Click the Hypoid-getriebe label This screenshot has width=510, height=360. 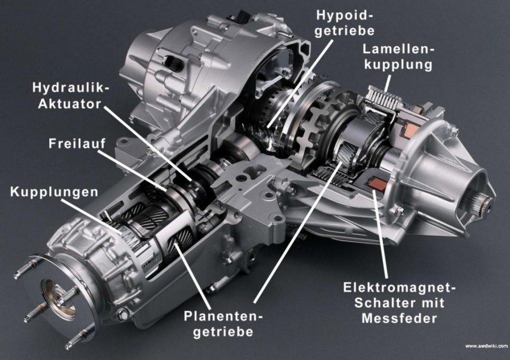345,22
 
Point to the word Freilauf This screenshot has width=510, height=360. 77,143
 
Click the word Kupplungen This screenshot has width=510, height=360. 54,192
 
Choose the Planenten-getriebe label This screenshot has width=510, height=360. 223,324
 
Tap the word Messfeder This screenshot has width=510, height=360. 399,318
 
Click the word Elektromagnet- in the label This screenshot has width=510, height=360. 400,288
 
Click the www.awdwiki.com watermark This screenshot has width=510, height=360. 486,346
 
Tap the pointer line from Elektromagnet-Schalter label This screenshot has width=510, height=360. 380,234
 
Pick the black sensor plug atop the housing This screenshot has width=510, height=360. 243,15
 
